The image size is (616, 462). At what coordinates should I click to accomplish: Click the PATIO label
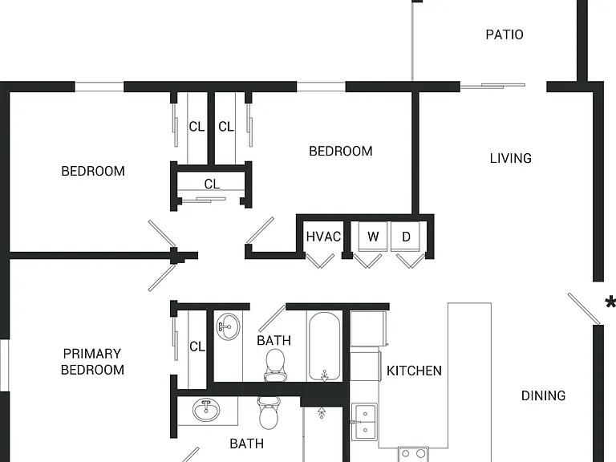pos(505,34)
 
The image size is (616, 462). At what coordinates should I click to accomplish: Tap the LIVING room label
pos(511,158)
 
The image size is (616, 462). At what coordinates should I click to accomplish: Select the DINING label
pos(543,395)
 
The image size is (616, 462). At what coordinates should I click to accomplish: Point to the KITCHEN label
pos(414,371)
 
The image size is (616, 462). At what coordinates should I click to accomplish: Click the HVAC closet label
pos(323,237)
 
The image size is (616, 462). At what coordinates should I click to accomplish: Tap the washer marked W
pos(373,237)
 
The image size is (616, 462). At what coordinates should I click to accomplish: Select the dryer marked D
pos(406,237)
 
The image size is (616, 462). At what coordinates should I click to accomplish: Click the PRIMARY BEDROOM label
pos(92,362)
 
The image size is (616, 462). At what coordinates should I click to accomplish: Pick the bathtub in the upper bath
pos(325,346)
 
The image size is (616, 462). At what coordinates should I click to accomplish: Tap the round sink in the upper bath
pos(229,327)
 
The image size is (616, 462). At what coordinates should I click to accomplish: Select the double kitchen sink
pos(364,422)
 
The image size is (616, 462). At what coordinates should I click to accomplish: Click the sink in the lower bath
pos(206,410)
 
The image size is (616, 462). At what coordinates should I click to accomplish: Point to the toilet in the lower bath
pos(269,412)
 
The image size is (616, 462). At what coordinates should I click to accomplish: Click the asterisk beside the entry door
pos(611,303)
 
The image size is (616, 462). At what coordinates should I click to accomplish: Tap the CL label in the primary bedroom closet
pos(197,346)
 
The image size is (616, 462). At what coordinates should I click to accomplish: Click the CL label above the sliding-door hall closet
pos(212,184)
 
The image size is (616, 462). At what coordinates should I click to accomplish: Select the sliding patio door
pos(493,85)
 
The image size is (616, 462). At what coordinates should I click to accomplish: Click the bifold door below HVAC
pos(320,261)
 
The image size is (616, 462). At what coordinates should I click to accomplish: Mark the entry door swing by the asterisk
pos(584,309)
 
